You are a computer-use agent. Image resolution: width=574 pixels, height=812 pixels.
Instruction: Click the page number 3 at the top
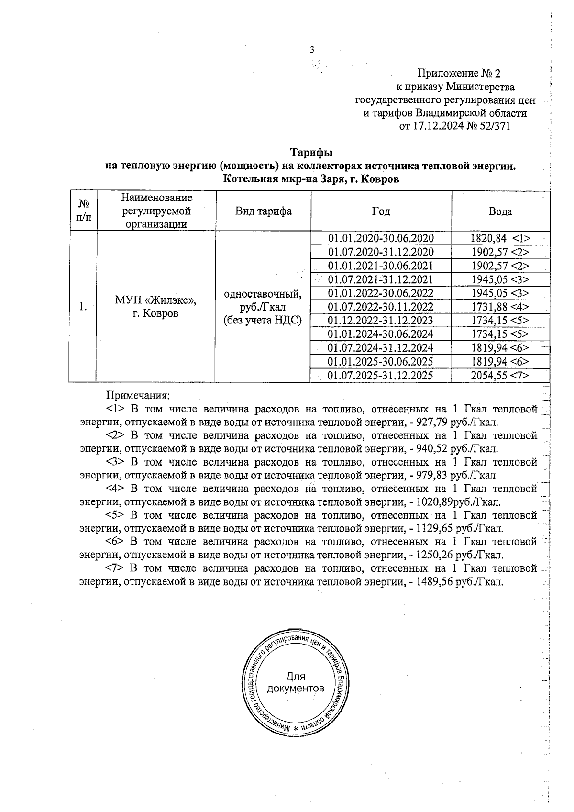point(312,49)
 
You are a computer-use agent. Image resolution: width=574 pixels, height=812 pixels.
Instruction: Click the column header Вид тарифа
point(263,211)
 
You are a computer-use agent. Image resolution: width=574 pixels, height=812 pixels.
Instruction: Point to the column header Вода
point(500,211)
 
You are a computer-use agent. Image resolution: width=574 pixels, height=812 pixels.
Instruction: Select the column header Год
point(381,211)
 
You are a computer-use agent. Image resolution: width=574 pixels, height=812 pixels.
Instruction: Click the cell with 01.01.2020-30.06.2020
point(381,238)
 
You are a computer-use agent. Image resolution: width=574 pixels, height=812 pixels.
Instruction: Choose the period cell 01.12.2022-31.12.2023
point(381,321)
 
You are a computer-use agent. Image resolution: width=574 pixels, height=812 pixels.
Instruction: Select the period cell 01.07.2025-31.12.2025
point(381,376)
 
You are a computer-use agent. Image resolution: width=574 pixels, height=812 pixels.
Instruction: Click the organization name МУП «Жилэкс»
point(155,300)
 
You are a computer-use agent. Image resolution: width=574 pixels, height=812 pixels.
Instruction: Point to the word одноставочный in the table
point(263,293)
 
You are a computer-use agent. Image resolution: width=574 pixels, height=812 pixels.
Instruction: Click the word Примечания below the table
point(138,396)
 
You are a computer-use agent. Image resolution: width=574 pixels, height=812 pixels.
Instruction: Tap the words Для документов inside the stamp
point(296,682)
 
